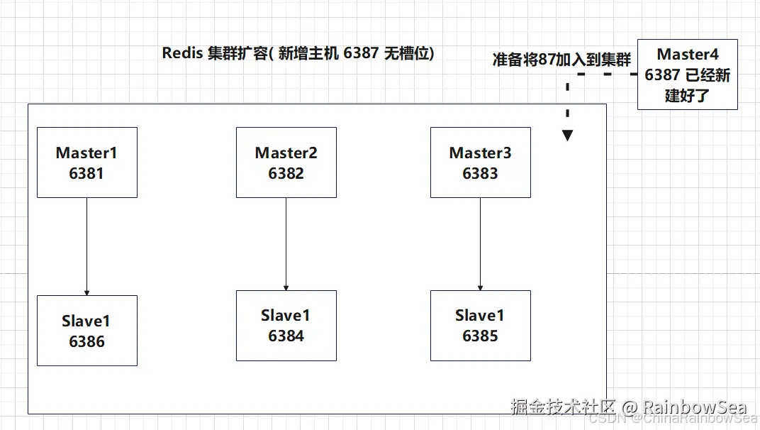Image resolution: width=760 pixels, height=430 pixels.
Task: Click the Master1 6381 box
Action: click(86, 162)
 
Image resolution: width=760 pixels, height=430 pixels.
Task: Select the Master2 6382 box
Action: click(286, 162)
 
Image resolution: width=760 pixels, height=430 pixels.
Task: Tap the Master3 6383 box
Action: click(480, 162)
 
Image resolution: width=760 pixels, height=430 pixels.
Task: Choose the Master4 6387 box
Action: click(687, 75)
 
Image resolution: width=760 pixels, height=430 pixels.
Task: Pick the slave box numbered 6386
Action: click(86, 331)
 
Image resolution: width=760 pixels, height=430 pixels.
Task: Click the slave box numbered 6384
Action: click(286, 326)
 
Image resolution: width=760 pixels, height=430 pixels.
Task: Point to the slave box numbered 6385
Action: click(480, 326)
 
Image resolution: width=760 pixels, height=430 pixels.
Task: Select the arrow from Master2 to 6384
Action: click(286, 243)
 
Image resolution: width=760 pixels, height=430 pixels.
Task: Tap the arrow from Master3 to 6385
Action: click(480, 243)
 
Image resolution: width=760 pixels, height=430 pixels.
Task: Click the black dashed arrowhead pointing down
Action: click(568, 135)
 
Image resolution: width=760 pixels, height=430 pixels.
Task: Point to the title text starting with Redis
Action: click(298, 53)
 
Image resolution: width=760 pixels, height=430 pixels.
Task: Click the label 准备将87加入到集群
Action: click(561, 60)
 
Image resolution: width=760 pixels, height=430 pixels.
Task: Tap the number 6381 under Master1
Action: click(86, 173)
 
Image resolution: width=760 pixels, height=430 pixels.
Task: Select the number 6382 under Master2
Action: click(286, 173)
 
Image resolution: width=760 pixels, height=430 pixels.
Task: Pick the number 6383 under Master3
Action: click(480, 173)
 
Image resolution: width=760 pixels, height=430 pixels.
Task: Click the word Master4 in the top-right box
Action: click(687, 55)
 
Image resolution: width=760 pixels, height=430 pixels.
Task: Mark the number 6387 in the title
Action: click(361, 53)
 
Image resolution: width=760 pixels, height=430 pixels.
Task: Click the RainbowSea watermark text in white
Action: click(694, 407)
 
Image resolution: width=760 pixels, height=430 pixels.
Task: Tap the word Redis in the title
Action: click(182, 53)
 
